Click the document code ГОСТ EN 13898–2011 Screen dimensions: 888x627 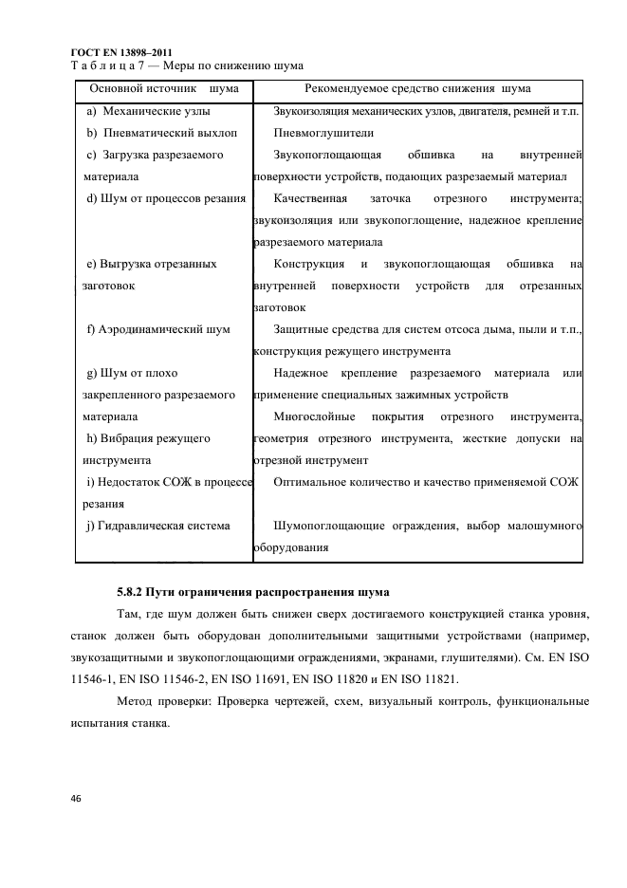[x=121, y=51]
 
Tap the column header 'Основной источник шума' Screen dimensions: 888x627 [x=163, y=88]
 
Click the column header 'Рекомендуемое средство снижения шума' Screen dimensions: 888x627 [x=417, y=88]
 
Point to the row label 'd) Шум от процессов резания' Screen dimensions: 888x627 [x=166, y=198]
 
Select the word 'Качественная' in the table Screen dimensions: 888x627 [x=309, y=198]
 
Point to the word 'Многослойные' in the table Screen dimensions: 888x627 [x=314, y=416]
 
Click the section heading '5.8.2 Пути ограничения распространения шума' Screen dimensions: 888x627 [x=252, y=591]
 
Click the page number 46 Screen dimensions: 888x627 [x=77, y=799]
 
